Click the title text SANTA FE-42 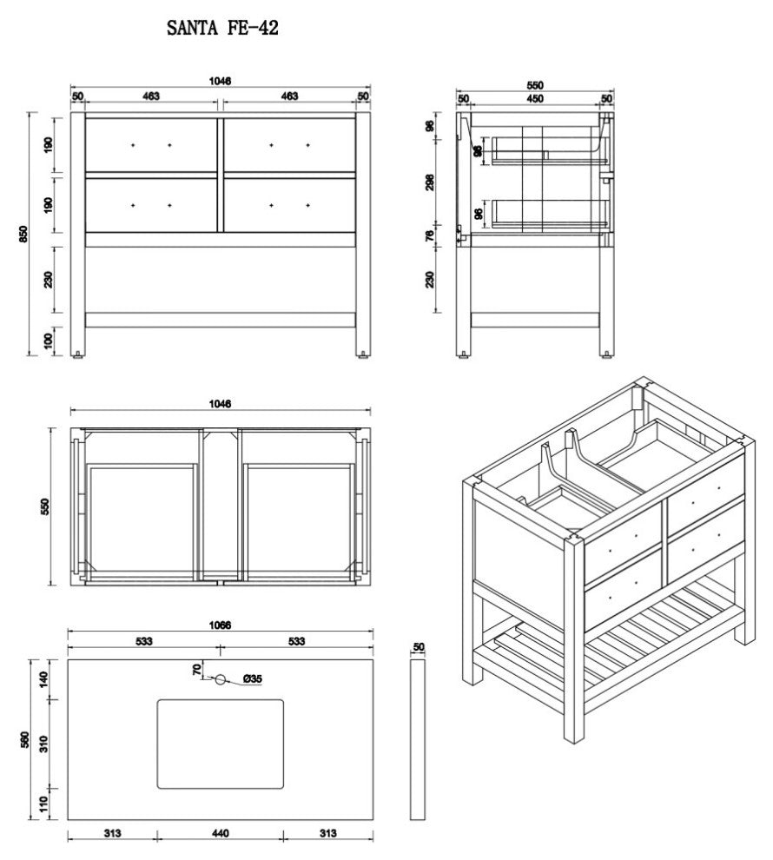click(222, 29)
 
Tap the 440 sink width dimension click(220, 834)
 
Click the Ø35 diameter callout click(252, 679)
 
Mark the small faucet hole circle click(220, 679)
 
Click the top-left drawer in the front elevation click(150, 144)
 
